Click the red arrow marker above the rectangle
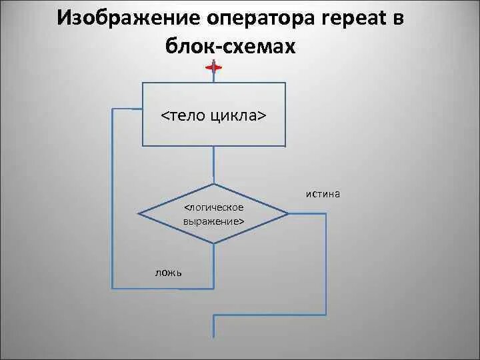(214, 67)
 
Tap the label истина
(323, 194)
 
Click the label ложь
(169, 272)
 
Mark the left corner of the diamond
(139, 214)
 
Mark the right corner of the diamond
(288, 214)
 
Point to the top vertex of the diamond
(214, 184)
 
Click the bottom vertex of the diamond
(214, 243)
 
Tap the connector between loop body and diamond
(214, 165)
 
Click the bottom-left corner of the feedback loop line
(113, 288)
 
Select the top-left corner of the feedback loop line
(113, 110)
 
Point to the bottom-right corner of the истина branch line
(327, 314)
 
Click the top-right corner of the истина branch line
(327, 214)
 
